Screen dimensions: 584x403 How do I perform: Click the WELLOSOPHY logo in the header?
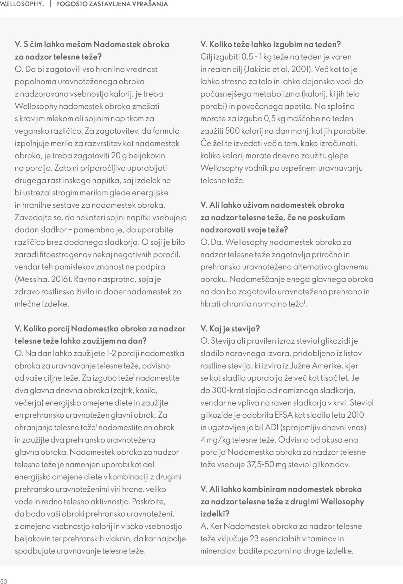[x=22, y=4]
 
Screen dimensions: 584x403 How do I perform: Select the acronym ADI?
[x=272, y=427]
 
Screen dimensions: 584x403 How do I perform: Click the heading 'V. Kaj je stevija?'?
[x=230, y=329]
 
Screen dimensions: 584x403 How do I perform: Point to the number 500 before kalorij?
[x=232, y=131]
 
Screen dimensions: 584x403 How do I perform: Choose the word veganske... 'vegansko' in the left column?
[x=31, y=131]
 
